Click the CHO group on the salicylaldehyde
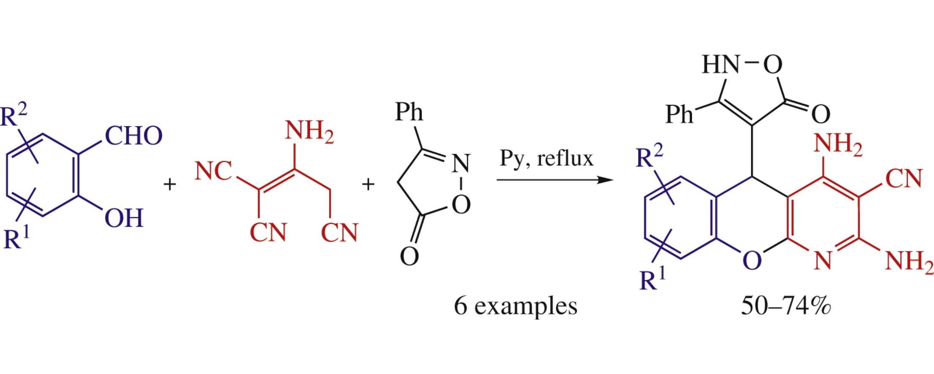click(x=133, y=136)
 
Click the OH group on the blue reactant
click(x=124, y=218)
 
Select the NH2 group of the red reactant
click(x=309, y=131)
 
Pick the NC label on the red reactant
click(x=213, y=171)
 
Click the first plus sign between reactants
click(x=170, y=184)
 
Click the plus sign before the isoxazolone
click(x=368, y=184)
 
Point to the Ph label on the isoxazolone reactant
click(x=409, y=112)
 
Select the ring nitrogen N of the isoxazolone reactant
click(x=461, y=163)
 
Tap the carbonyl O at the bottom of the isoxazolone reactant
click(x=409, y=256)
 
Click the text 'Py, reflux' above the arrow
click(x=546, y=158)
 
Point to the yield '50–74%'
click(x=786, y=306)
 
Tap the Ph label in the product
click(x=679, y=114)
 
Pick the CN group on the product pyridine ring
click(x=904, y=179)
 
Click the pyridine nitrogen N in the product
click(x=823, y=260)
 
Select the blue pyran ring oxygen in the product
click(x=752, y=260)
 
